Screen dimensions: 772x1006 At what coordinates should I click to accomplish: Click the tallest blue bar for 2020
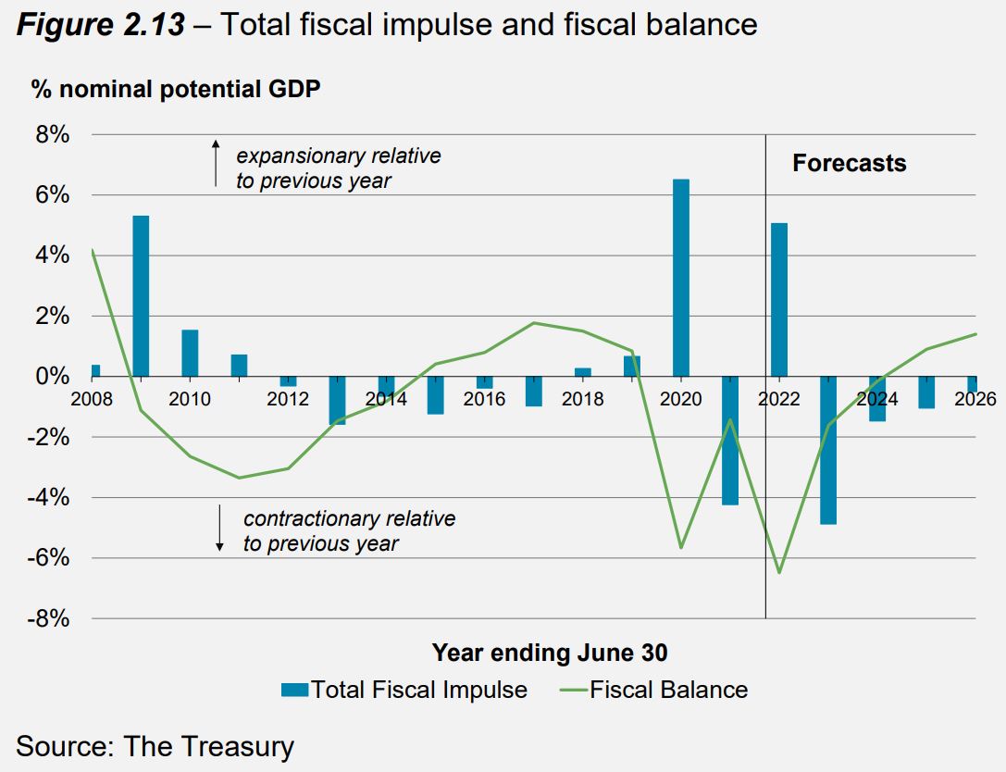click(x=680, y=278)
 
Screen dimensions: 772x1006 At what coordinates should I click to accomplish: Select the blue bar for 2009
click(x=141, y=296)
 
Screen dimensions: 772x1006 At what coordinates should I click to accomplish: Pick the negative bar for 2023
click(x=827, y=450)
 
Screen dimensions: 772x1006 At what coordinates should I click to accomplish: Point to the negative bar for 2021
click(x=729, y=440)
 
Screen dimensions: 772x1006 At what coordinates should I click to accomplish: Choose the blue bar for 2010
click(x=190, y=353)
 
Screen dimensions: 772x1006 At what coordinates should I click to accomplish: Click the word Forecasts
click(x=849, y=164)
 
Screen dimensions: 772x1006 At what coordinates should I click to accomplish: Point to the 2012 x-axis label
click(x=288, y=399)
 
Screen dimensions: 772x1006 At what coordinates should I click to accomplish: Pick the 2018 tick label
click(x=582, y=399)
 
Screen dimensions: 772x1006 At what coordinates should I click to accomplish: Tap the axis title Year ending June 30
click(x=550, y=653)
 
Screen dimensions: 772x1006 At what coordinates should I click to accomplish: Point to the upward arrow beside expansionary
click(x=216, y=163)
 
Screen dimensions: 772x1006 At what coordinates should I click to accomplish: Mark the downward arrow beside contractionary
click(x=220, y=528)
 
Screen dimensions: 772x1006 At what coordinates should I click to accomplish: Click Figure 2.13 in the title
click(x=101, y=24)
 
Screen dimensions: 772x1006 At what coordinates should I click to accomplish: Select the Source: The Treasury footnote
click(x=155, y=746)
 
